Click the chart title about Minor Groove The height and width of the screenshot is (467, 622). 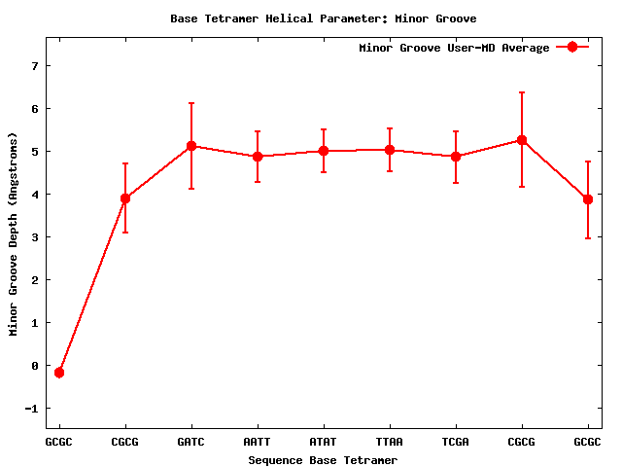[x=323, y=18]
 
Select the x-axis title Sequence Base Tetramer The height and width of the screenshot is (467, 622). [x=323, y=459]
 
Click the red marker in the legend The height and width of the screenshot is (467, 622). [x=572, y=47]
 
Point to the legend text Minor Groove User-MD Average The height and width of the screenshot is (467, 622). [x=454, y=48]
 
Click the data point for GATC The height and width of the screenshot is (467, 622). [x=191, y=146]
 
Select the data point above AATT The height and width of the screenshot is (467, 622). [x=258, y=156]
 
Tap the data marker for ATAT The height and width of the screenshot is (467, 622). [x=324, y=151]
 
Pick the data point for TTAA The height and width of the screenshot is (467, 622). [x=390, y=150]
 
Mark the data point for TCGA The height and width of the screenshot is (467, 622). [x=456, y=156]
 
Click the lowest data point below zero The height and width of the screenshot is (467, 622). [x=59, y=373]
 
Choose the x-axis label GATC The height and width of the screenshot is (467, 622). [x=191, y=442]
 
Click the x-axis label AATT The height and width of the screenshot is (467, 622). [x=258, y=442]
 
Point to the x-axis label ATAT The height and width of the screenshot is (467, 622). [x=324, y=442]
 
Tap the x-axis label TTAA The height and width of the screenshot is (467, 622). [x=390, y=442]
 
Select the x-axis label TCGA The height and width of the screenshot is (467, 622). [x=456, y=442]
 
